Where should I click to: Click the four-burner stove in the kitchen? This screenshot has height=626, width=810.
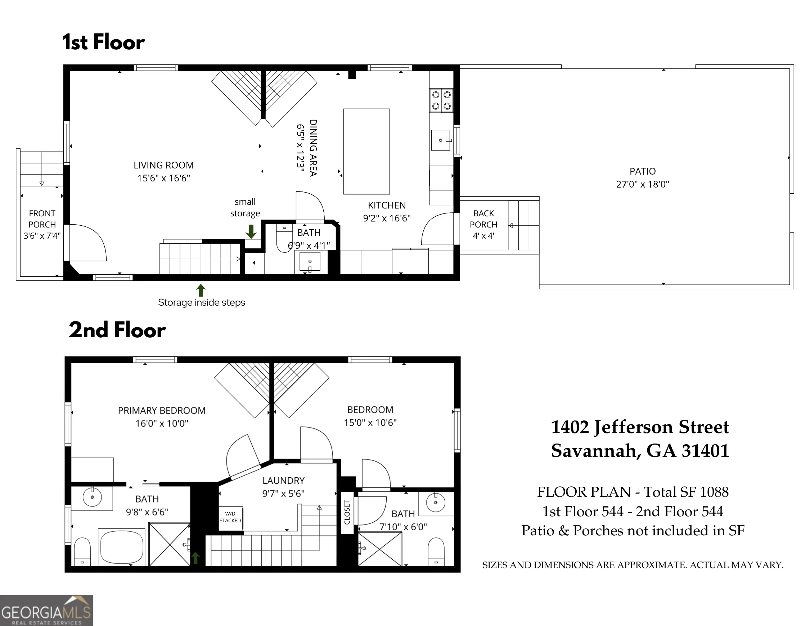pos(441,100)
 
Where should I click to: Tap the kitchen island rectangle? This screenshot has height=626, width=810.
pos(366,151)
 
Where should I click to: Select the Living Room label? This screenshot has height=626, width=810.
pos(163,165)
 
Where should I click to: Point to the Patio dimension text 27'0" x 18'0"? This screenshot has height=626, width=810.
pos(643,184)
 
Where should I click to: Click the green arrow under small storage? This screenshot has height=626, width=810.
pos(251,231)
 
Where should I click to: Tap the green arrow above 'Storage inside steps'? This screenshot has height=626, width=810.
pos(201,291)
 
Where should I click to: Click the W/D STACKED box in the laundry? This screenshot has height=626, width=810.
pos(230,518)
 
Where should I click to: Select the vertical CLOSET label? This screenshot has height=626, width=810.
pos(347,512)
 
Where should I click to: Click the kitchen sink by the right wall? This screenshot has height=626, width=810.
pos(441,140)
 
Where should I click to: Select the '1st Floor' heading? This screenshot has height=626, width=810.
pos(103,42)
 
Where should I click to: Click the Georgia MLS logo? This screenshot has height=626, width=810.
pos(46,611)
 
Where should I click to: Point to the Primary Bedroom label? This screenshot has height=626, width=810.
pos(162,411)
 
